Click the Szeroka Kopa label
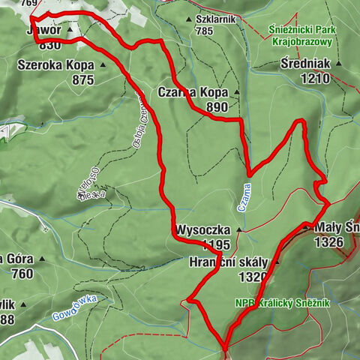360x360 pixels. [x=55, y=64]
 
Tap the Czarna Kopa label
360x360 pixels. [x=193, y=92]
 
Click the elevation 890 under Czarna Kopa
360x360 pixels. [x=214, y=107]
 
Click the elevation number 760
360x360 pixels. [x=22, y=274]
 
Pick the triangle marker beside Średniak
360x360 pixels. [x=338, y=64]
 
